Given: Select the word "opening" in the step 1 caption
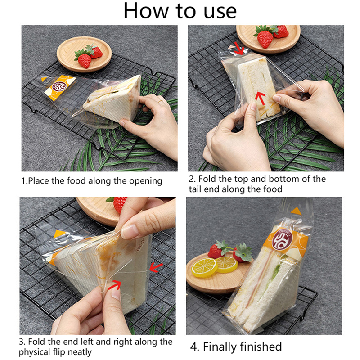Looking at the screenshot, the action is coord(145,181).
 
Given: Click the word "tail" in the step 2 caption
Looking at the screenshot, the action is coord(195,189).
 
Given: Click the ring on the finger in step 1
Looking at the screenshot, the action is coord(161,101).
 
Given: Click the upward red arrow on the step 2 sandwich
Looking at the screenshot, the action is coord(261,98).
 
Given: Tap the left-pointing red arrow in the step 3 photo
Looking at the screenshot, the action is coord(156,267).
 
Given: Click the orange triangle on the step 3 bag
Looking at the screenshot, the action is coord(58,234).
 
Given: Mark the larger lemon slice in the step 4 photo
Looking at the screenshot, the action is coord(204,268).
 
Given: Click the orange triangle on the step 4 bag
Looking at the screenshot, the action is coord(296,211).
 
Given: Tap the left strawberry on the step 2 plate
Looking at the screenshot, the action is coord(265,39).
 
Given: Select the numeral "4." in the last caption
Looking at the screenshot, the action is coord(195,347).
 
